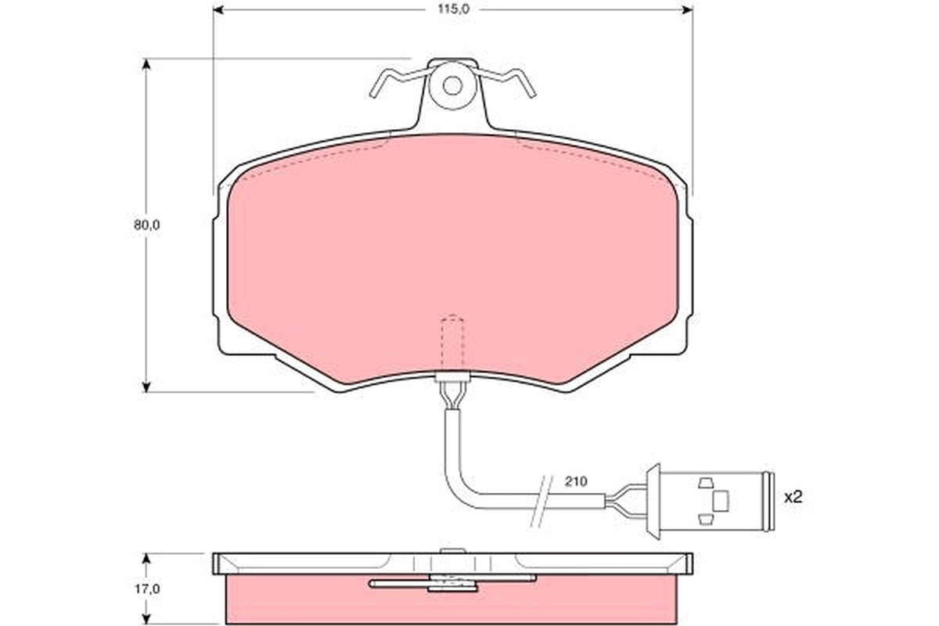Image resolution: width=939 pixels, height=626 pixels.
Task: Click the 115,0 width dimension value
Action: [452, 9]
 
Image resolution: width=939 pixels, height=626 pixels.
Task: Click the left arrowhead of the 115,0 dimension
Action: [219, 9]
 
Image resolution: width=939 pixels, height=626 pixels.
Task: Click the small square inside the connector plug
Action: [721, 498]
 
